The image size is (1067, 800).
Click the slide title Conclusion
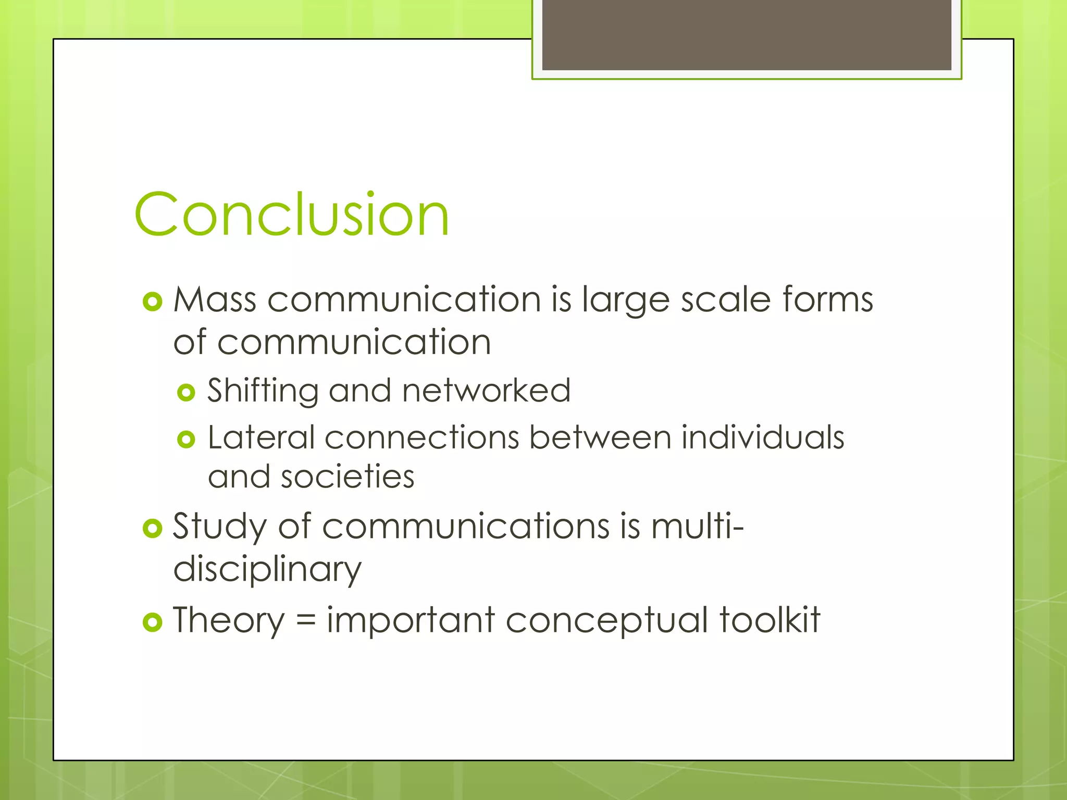[291, 214]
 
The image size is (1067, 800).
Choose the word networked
[486, 390]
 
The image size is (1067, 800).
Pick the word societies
[348, 477]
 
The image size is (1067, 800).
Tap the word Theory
[229, 621]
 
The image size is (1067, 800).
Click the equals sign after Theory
[306, 621]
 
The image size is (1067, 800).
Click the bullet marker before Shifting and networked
[186, 392]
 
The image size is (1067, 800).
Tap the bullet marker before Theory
[152, 622]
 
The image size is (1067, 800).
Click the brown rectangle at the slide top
[747, 35]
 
